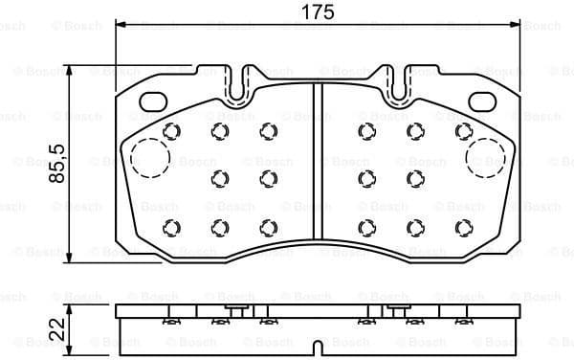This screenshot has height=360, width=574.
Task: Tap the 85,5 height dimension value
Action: [x=56, y=164]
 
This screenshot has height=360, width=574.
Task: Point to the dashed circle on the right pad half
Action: [x=485, y=158]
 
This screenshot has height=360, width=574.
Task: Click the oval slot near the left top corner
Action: [x=154, y=101]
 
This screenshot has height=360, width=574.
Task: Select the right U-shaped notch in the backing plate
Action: [x=393, y=84]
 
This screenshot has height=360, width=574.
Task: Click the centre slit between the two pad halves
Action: [x=317, y=163]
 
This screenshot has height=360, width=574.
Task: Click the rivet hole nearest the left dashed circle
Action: [x=172, y=131]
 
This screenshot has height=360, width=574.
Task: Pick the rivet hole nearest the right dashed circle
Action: [x=463, y=131]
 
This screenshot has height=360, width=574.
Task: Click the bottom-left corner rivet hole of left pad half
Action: [x=172, y=226]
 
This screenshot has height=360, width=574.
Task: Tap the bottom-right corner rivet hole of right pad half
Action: [x=463, y=226]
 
